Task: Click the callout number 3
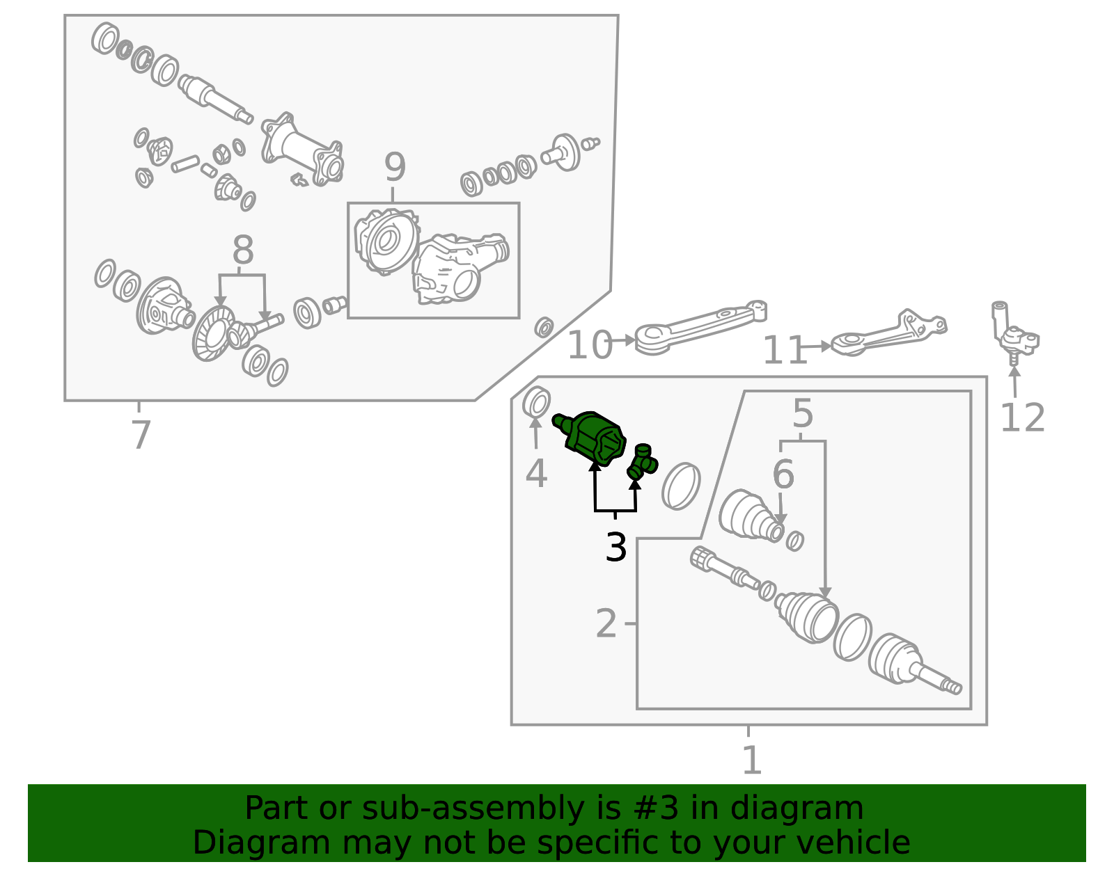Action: pos(615,548)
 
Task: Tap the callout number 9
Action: pos(395,167)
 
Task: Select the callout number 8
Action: pos(242,250)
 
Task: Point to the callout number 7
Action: pos(141,435)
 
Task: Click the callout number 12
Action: pos(1022,417)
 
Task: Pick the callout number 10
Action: pos(590,344)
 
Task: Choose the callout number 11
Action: pos(785,350)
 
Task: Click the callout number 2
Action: pos(606,623)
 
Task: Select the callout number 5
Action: pos(802,414)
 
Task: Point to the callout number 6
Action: pos(783,475)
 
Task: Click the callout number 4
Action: pos(536,474)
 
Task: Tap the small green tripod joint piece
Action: pos(643,462)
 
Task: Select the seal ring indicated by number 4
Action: pos(537,402)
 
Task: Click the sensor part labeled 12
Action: pos(1012,333)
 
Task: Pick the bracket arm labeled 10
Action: pos(700,328)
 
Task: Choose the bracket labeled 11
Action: pos(889,334)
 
